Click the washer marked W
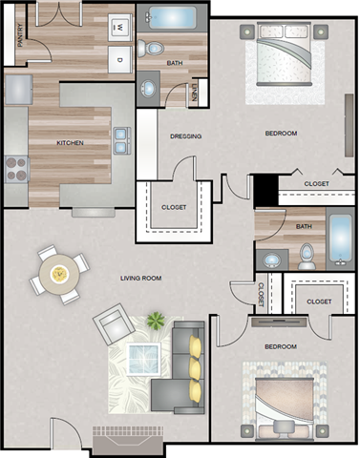click(x=120, y=28)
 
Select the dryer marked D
click(x=120, y=59)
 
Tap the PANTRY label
click(x=20, y=35)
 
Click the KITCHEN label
click(x=70, y=143)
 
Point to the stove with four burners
click(x=16, y=169)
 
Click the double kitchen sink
click(x=122, y=140)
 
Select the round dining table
click(x=59, y=274)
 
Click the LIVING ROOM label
click(x=140, y=279)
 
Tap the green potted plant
click(x=156, y=320)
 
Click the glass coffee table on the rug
click(x=143, y=359)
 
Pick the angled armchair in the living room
click(x=114, y=324)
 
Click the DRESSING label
click(x=185, y=136)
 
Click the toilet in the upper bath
click(x=150, y=49)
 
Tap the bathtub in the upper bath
click(x=172, y=17)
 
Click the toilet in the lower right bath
click(x=307, y=257)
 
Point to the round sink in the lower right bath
click(x=271, y=260)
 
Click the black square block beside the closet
click(x=265, y=190)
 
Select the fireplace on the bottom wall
click(x=128, y=440)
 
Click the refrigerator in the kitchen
click(x=18, y=90)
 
